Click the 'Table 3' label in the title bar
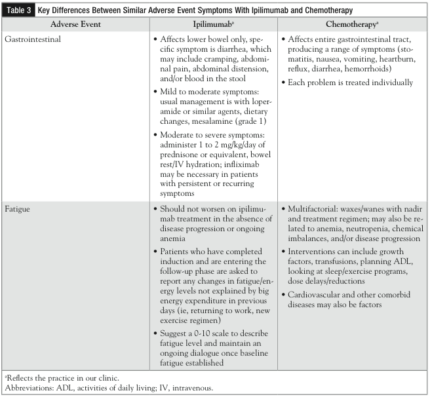click(x=21, y=10)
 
